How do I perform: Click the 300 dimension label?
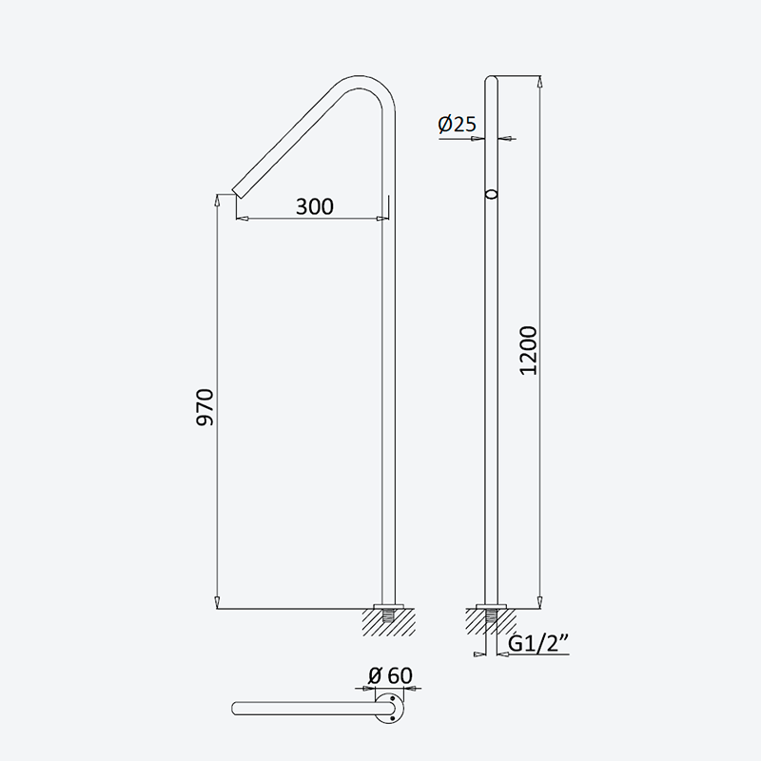pos(315,206)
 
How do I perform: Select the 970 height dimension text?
pos(205,407)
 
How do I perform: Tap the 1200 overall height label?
pos(529,350)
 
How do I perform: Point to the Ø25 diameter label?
pos(458,125)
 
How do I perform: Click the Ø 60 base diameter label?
pos(390,675)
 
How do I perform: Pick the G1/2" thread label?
pos(538,644)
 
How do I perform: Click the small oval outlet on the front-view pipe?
pos(492,195)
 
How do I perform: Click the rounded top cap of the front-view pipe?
pos(491,79)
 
